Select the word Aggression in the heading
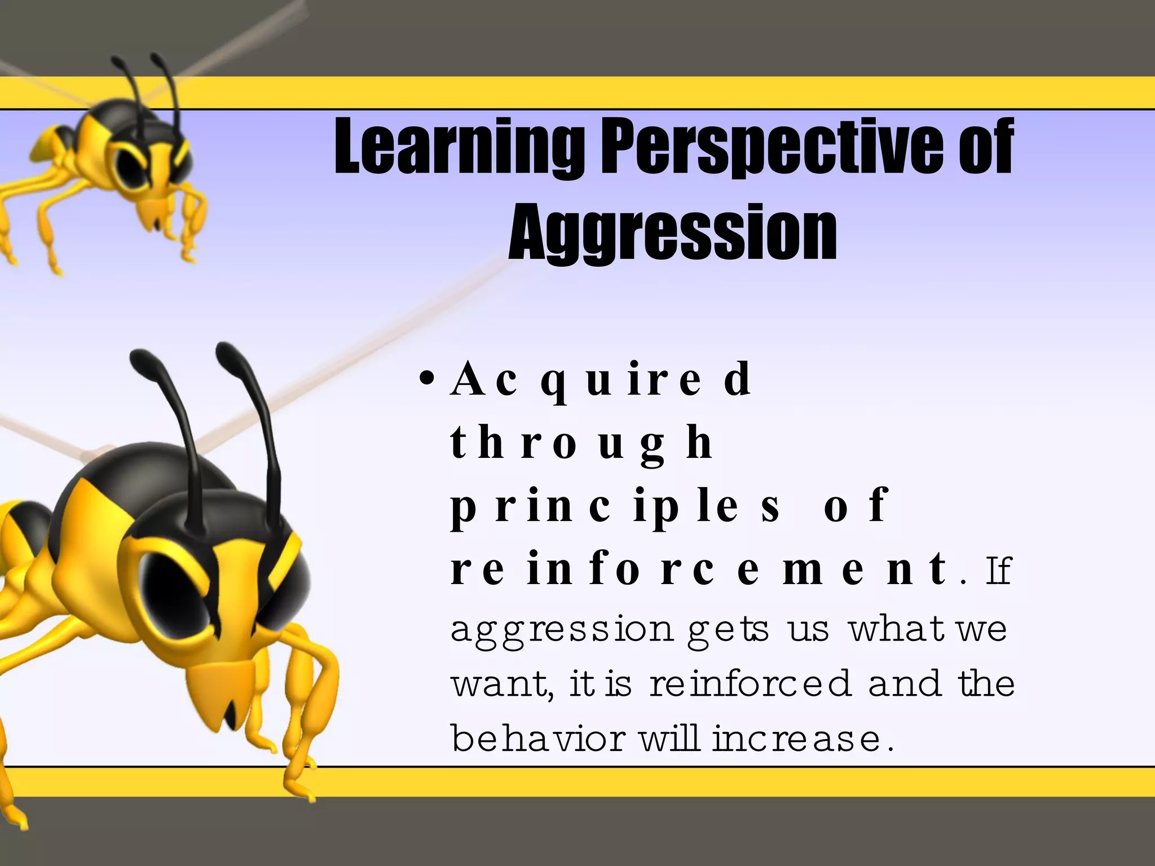tap(672, 232)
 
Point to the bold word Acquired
tap(601, 380)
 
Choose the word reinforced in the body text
tap(750, 683)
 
